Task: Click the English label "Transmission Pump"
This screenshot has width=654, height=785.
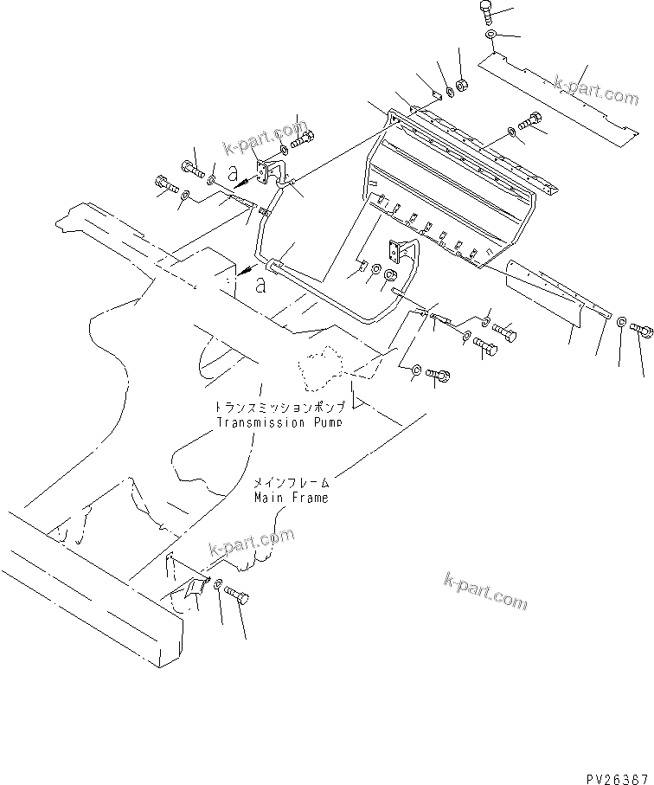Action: [x=279, y=422]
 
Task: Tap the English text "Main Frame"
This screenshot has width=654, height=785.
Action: [x=291, y=498]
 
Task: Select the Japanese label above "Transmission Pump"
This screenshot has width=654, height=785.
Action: [x=280, y=407]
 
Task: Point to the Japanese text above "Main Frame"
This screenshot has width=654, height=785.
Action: [x=291, y=484]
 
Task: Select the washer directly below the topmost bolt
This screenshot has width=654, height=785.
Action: [x=490, y=35]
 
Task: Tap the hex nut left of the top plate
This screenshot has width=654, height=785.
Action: [x=461, y=85]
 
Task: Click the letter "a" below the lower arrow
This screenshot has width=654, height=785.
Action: [x=260, y=287]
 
